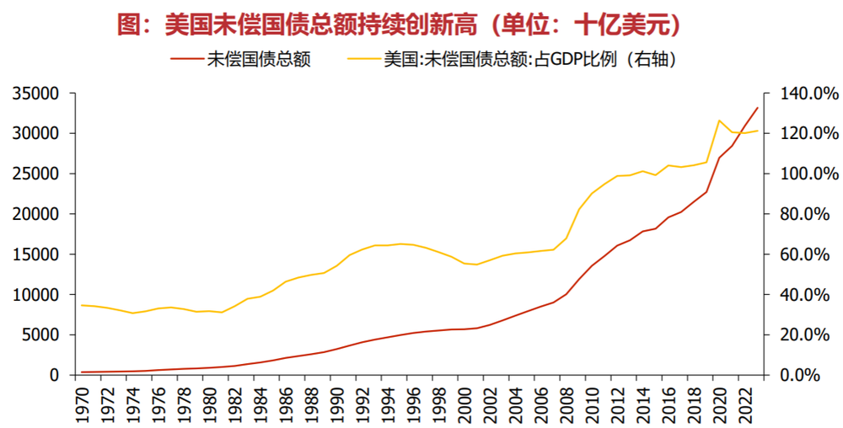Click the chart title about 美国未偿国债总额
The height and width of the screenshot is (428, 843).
coord(398,24)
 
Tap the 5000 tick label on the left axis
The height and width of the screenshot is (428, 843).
coord(40,334)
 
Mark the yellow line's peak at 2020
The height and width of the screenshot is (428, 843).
coord(719,120)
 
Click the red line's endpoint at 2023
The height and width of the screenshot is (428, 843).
coord(757,108)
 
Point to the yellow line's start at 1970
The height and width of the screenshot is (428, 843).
coord(81,305)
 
